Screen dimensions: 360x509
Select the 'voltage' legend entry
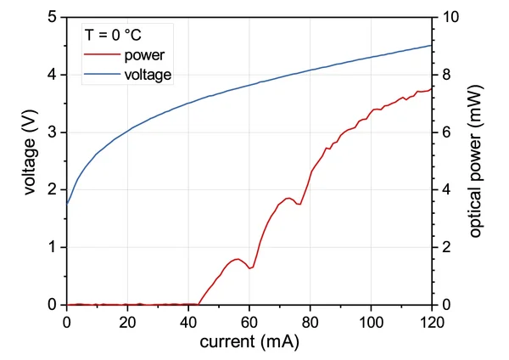(x=148, y=76)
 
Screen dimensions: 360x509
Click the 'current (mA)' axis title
(x=249, y=343)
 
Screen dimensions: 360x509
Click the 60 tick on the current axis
(x=249, y=323)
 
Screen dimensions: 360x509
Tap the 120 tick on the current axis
(x=432, y=323)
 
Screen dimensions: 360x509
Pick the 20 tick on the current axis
(x=127, y=323)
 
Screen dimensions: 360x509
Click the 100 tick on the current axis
(x=371, y=323)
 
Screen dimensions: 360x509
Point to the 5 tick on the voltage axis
(x=53, y=17)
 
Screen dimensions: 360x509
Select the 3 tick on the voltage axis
(x=53, y=132)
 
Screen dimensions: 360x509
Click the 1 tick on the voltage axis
(x=53, y=247)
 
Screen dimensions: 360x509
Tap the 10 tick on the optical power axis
(x=447, y=17)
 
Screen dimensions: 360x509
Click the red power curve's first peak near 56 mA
(x=238, y=259)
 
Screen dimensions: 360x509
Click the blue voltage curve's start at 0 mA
(x=67, y=203)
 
